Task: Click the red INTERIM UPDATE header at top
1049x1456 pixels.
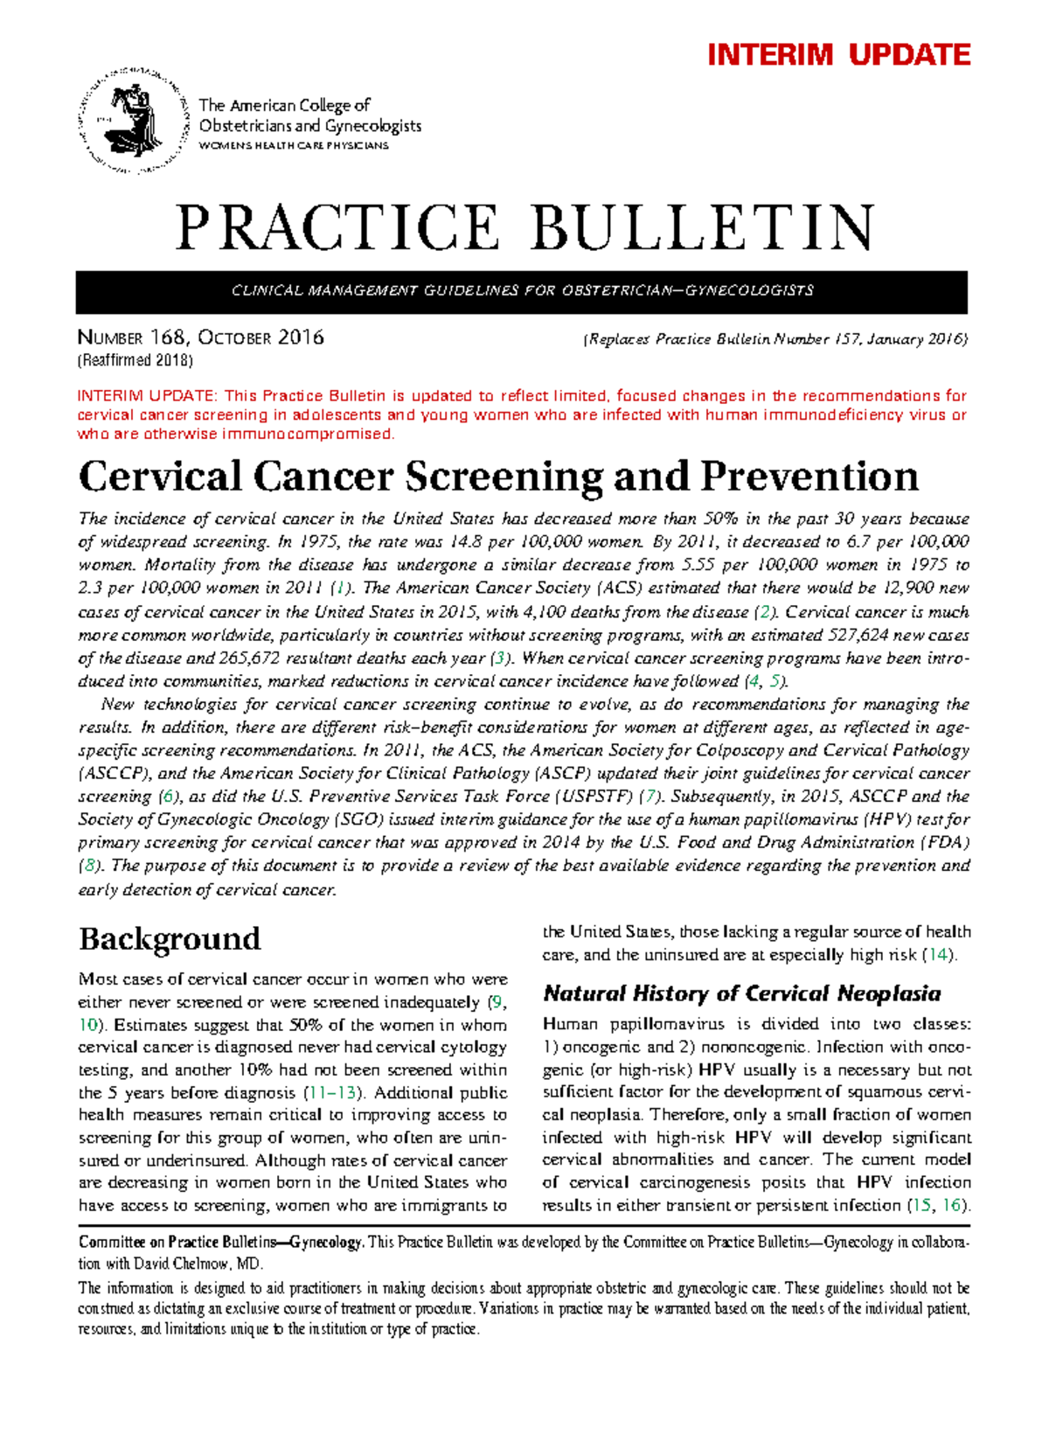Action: click(x=838, y=55)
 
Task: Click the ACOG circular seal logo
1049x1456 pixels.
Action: click(x=134, y=120)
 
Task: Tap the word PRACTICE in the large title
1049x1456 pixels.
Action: click(x=337, y=228)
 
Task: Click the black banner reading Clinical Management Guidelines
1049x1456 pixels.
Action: click(x=521, y=291)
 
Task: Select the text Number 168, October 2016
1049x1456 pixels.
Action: click(x=201, y=338)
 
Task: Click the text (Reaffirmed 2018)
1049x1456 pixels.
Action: click(x=135, y=360)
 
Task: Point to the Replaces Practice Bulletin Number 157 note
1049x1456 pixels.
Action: click(x=775, y=339)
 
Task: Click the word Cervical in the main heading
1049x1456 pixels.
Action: click(x=160, y=477)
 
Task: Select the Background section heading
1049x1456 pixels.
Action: click(x=170, y=939)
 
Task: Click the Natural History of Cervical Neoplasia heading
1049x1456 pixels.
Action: click(x=741, y=994)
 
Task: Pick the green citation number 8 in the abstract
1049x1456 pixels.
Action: click(x=88, y=866)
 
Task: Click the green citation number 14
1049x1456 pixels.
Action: click(x=940, y=955)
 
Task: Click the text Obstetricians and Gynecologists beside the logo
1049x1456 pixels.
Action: click(x=310, y=126)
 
